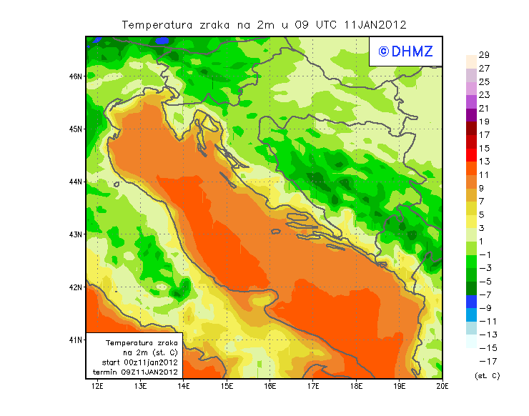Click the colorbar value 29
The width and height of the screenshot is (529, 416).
[484, 55]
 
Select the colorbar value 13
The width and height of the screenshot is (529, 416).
[484, 162]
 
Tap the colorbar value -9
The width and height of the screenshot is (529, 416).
[484, 308]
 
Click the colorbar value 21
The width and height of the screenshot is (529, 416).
[484, 109]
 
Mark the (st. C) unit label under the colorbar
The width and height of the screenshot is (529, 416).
[487, 375]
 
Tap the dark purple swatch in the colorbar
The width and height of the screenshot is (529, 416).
[470, 115]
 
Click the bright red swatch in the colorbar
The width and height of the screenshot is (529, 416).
[470, 155]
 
